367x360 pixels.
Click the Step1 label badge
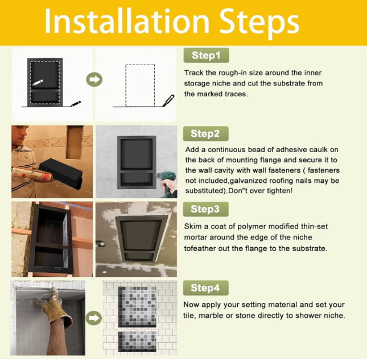206,55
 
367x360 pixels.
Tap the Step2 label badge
205,134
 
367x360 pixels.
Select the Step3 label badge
205,209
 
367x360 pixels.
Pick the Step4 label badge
205,288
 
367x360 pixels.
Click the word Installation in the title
127,21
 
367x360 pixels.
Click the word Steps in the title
259,23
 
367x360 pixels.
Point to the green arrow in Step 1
94,79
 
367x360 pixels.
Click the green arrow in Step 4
94,318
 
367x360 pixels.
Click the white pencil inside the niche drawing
38,83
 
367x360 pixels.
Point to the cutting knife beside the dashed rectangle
168,100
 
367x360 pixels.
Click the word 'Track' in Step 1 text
193,73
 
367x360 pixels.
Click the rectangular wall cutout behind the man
75,142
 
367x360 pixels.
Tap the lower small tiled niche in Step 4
137,341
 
